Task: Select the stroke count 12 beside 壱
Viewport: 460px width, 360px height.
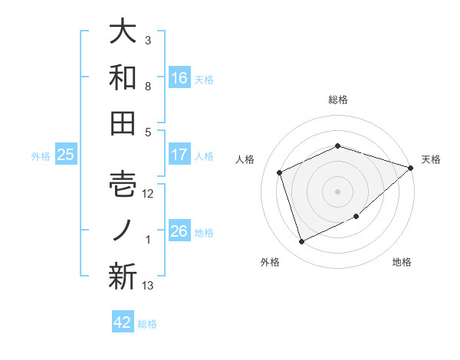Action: tap(148, 194)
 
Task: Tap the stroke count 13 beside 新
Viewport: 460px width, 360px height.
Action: tap(148, 286)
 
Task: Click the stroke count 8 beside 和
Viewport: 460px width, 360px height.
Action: tap(148, 87)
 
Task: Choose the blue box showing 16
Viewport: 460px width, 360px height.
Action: tap(179, 77)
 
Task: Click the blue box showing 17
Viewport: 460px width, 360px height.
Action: tap(179, 155)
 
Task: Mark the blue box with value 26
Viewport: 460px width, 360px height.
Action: tap(179, 231)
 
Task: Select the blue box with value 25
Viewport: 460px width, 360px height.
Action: tap(66, 155)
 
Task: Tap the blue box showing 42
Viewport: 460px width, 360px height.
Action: tap(123, 322)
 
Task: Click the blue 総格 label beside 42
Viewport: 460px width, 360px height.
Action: tap(148, 324)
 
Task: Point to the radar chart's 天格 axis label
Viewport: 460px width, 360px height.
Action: tap(431, 159)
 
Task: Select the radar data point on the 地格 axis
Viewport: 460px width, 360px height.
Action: tap(356, 216)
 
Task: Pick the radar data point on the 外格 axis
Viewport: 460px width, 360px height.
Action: tap(301, 242)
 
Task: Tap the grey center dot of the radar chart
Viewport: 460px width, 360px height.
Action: tap(337, 191)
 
